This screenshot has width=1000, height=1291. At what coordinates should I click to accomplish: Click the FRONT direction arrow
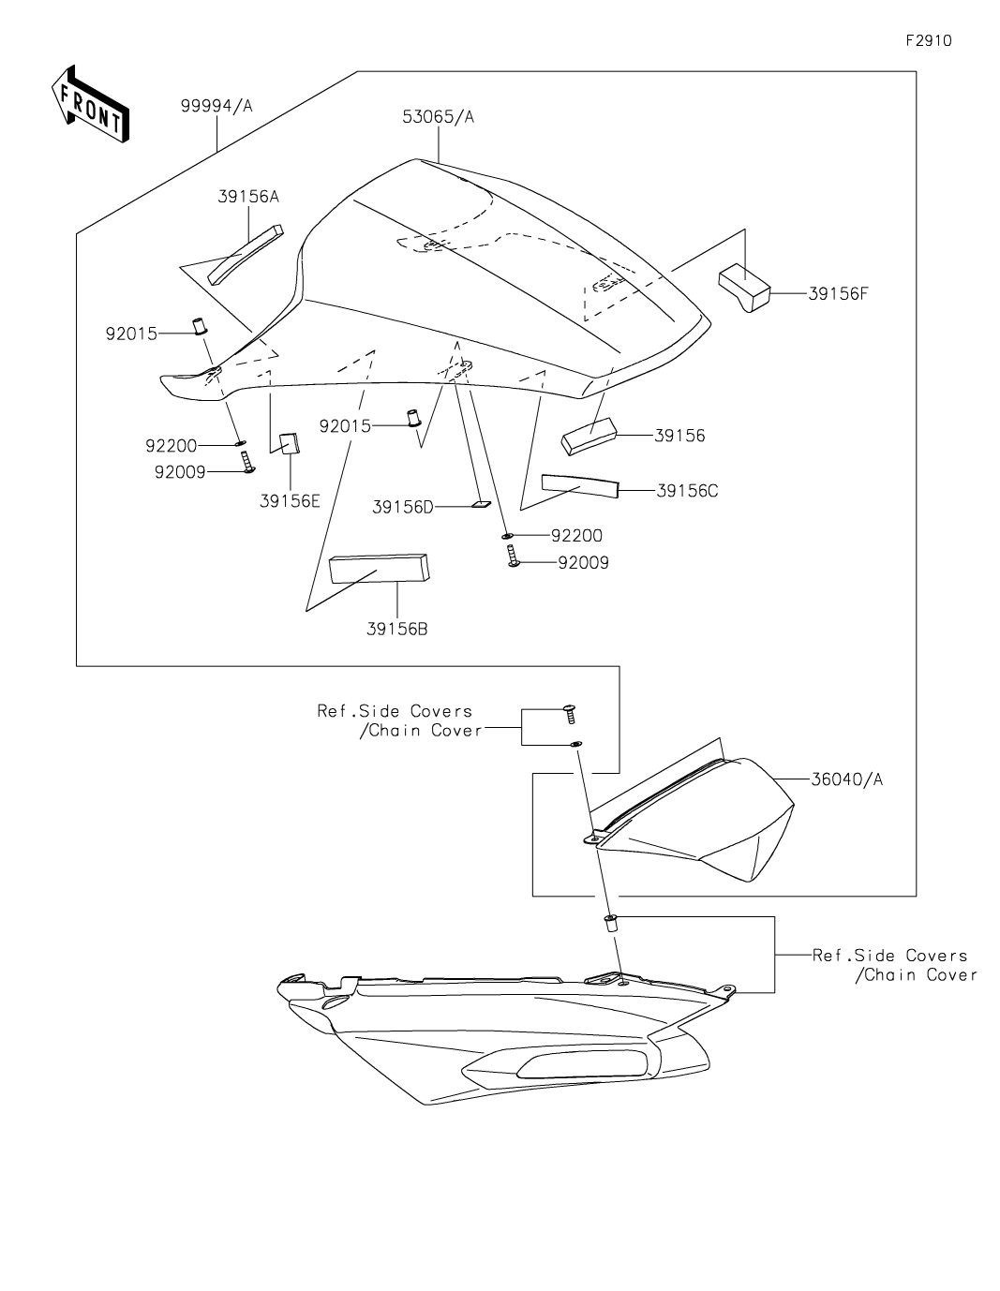(89, 104)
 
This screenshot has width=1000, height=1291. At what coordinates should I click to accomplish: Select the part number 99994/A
(216, 107)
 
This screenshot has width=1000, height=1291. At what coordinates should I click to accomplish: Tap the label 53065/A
(439, 117)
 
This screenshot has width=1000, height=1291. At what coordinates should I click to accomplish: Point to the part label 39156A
(248, 197)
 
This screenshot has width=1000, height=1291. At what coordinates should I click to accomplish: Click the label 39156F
(838, 292)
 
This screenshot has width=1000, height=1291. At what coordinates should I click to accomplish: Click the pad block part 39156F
(744, 287)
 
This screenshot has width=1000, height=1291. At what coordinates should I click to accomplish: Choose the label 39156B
(397, 630)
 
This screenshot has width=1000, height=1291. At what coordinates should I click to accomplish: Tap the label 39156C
(687, 490)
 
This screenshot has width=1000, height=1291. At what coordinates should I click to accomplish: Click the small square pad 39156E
(290, 442)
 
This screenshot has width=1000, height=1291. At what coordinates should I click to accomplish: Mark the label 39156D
(403, 507)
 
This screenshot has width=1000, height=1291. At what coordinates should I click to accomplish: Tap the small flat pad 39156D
(479, 504)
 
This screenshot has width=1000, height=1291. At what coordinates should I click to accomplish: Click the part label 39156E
(290, 501)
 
